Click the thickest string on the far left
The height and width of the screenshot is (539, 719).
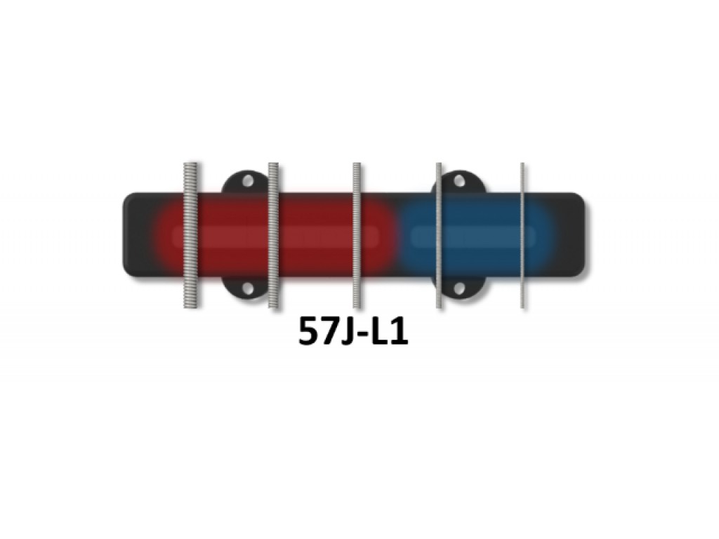(x=190, y=234)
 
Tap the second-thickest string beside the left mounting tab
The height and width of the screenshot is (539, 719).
(x=273, y=234)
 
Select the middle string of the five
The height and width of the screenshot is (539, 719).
(x=357, y=234)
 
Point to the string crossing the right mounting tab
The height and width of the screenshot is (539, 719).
(x=439, y=234)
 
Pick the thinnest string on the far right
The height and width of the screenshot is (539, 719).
(x=522, y=234)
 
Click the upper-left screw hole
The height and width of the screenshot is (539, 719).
(x=248, y=180)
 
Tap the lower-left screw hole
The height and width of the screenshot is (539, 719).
(x=248, y=288)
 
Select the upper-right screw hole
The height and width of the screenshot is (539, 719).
(x=459, y=180)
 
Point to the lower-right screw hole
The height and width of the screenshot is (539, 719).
(x=459, y=288)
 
